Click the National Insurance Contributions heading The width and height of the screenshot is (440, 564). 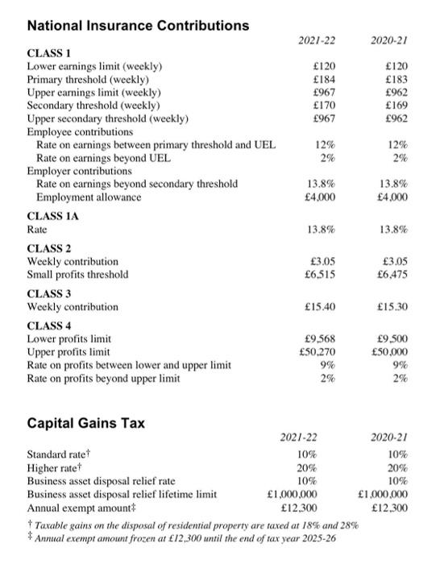138,26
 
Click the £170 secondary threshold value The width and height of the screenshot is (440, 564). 323,104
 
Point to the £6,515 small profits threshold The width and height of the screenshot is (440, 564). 319,275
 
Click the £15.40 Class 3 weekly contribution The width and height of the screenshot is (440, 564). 319,307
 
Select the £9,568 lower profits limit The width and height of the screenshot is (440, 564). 319,339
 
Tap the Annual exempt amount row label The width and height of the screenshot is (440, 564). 77,508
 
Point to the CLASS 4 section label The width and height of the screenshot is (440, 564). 49,326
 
